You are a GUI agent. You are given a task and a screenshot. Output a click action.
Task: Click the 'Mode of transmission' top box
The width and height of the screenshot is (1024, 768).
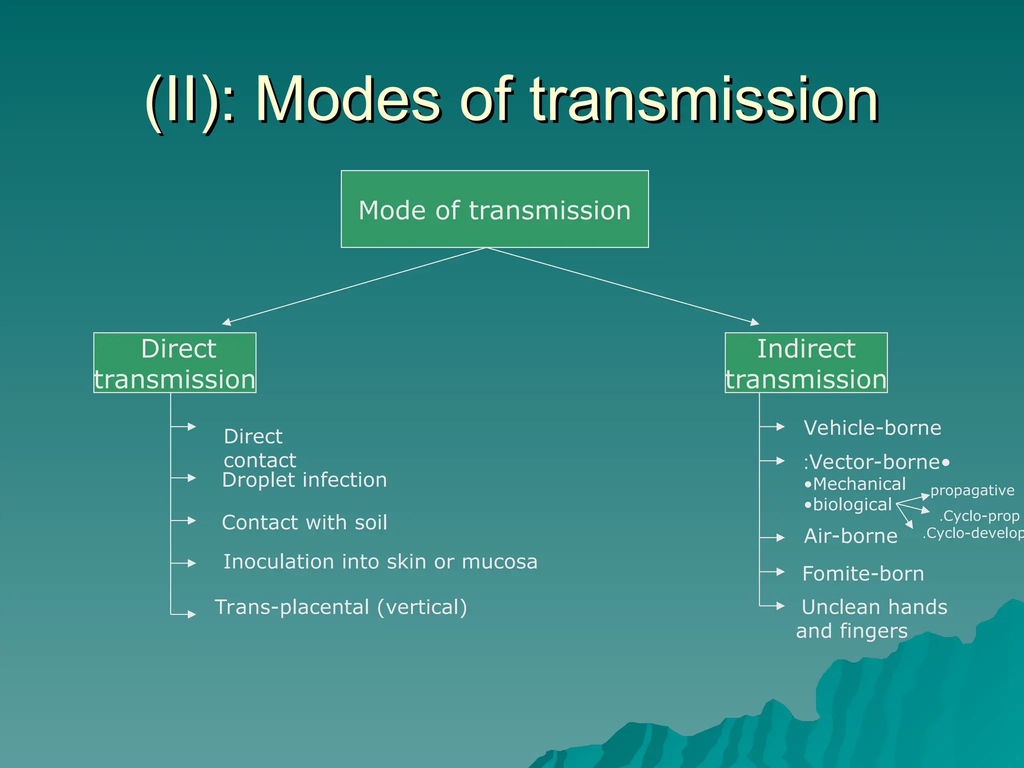[494, 209]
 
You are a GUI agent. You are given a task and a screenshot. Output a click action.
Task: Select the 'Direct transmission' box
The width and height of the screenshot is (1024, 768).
[174, 362]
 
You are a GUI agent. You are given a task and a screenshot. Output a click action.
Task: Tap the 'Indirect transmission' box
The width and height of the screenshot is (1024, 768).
[806, 362]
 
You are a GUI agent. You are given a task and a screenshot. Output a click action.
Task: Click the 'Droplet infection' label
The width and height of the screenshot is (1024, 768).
[304, 480]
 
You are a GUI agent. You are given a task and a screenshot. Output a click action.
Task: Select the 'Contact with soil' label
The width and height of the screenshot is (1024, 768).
[304, 522]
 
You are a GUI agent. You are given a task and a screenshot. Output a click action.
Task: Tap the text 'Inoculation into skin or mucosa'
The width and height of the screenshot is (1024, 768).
[380, 561]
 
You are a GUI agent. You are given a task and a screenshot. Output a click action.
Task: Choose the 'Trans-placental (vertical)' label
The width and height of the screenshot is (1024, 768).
[341, 607]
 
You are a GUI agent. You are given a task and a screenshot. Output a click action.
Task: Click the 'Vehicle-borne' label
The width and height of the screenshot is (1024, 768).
[872, 428]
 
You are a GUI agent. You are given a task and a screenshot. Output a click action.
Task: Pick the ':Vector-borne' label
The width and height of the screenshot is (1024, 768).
[872, 462]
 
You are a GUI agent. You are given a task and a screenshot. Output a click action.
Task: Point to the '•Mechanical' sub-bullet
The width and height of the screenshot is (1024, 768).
[855, 484]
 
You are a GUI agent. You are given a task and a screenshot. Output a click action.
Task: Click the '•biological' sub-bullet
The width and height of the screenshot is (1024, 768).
[848, 504]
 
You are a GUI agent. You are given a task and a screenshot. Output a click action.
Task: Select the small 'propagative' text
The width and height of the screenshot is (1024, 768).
[972, 490]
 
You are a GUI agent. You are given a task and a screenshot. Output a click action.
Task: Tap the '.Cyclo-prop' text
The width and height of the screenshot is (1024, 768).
[979, 515]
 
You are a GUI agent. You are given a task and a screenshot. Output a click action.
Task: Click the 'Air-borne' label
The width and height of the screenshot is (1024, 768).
[850, 536]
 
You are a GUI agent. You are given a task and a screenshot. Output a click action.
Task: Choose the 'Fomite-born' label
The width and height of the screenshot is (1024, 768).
[863, 573]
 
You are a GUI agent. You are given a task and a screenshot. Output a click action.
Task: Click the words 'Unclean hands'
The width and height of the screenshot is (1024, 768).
[874, 607]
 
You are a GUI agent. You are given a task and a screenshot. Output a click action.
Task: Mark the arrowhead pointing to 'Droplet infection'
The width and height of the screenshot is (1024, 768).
[191, 478]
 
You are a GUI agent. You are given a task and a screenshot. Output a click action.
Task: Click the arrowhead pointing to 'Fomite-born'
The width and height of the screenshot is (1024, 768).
[780, 571]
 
